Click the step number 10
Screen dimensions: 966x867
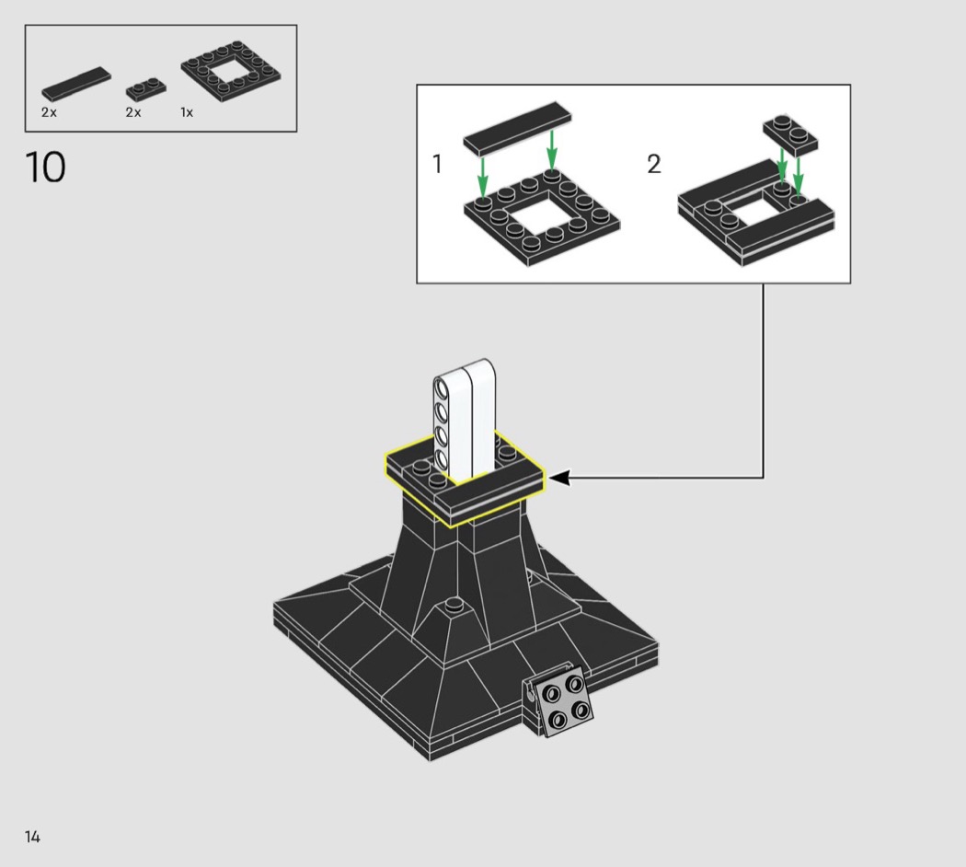coord(45,167)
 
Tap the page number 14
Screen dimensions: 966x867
coord(32,837)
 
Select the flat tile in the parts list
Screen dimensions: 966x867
coord(76,84)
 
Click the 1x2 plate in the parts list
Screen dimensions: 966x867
coord(145,89)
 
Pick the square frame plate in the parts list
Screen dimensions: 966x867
coord(230,71)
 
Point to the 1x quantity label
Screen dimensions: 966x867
coord(187,112)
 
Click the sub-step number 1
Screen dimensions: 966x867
coord(437,164)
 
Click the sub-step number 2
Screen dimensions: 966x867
coord(653,164)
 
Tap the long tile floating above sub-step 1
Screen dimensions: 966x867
coord(517,129)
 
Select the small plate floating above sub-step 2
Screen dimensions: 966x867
coord(790,134)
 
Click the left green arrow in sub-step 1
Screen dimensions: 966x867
coord(483,176)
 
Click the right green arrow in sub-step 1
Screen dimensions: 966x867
coord(552,149)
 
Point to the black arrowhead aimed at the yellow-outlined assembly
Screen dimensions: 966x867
coord(558,477)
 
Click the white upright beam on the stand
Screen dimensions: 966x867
coord(466,420)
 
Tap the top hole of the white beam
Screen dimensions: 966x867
coord(441,388)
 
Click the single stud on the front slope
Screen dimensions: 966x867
coord(454,604)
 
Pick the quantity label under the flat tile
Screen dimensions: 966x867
coord(49,112)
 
